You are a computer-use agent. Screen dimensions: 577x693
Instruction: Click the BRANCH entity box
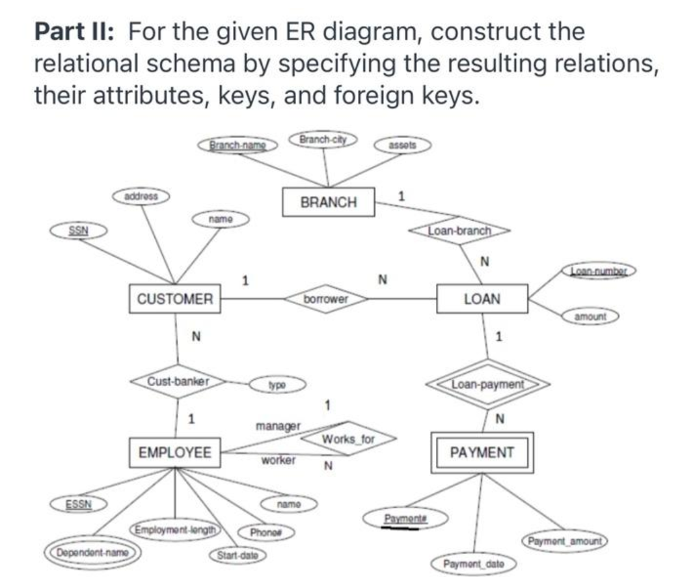[x=329, y=202]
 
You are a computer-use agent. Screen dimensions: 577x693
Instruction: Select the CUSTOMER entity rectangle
[x=175, y=299]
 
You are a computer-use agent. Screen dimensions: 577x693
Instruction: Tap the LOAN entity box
[x=482, y=299]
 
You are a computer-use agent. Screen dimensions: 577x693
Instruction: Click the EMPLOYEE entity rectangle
[x=175, y=452]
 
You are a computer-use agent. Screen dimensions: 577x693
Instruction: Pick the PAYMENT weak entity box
[x=482, y=452]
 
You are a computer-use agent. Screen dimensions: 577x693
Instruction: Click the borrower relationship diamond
[x=326, y=299]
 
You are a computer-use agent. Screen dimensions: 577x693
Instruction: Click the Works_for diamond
[x=349, y=440]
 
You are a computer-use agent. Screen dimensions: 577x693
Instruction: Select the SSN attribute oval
[x=79, y=230]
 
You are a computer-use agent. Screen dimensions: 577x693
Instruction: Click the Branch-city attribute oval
[x=323, y=140]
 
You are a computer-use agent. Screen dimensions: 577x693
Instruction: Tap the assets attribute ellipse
[x=401, y=145]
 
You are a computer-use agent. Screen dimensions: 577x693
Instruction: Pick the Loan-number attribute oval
[x=599, y=269]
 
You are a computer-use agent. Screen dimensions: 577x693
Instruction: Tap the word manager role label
[x=278, y=427]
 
